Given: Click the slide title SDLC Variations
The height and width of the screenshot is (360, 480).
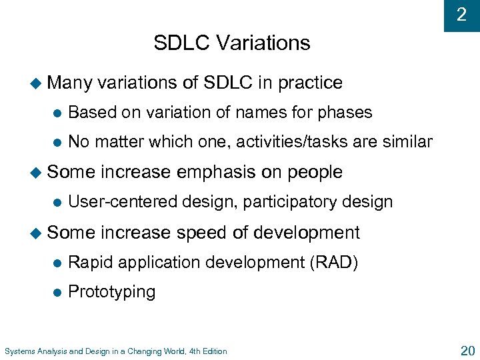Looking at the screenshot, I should tap(231, 43).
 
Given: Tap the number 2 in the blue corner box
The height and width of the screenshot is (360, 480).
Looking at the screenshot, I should tap(461, 15).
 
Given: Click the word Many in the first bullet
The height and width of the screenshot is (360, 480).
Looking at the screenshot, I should tap(71, 83).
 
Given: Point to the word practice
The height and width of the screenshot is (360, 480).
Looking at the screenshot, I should tap(310, 83).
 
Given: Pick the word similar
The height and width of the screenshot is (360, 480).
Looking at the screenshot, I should tap(406, 142).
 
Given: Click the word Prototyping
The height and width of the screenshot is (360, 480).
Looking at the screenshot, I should tap(111, 292).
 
